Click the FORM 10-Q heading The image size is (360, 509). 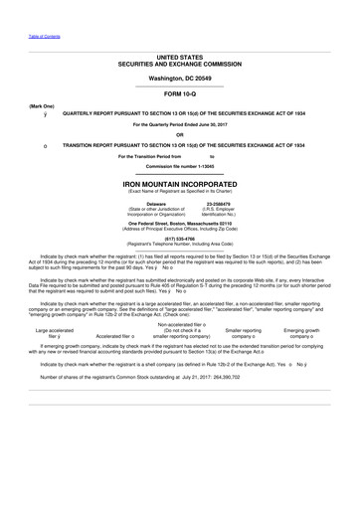coord(180,92)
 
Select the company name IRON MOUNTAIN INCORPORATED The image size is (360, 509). coord(180,185)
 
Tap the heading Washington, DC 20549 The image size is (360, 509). coord(180,77)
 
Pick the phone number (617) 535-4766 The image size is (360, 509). coord(180,240)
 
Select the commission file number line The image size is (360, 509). coord(180,165)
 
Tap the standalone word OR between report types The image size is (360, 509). coord(180,134)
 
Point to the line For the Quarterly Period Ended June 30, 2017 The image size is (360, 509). coord(180,124)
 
